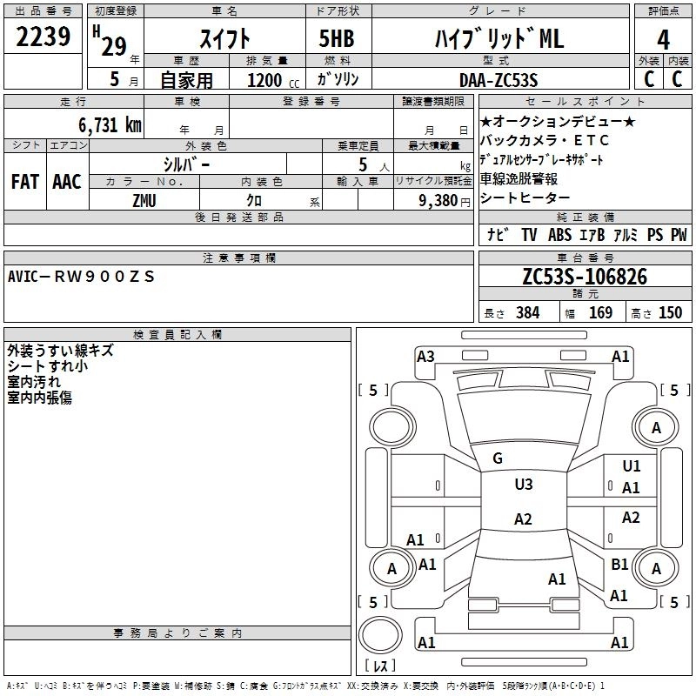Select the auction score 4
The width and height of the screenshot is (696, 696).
[x=663, y=39]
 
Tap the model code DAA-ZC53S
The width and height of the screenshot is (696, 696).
[x=499, y=80]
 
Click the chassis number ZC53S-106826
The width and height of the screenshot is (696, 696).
[x=584, y=277]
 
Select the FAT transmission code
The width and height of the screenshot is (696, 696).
[x=24, y=182]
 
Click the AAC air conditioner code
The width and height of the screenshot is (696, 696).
[x=66, y=182]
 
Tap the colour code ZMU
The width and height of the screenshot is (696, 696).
[x=144, y=200]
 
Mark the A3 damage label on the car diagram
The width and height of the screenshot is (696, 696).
[x=425, y=356]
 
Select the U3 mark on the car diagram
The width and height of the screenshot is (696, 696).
[x=523, y=485]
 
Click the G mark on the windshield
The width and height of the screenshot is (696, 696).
[x=498, y=458]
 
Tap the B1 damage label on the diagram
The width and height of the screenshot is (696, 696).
[x=619, y=564]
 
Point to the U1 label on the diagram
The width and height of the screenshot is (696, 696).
[x=632, y=466]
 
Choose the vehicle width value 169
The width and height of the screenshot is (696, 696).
[x=600, y=313]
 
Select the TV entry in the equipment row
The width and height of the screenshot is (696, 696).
[x=529, y=235]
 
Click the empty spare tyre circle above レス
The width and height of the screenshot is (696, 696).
[x=380, y=634]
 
